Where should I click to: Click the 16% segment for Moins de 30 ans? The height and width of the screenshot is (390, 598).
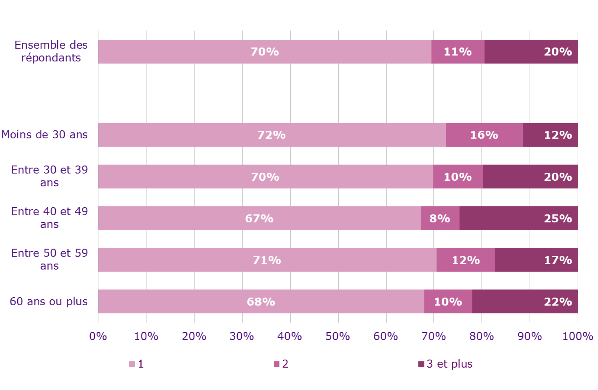pos(484,135)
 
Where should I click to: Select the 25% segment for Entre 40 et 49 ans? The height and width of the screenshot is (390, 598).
pos(518,218)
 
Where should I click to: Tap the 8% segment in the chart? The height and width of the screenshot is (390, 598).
pos(440,218)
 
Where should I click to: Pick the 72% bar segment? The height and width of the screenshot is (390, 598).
pos(272,135)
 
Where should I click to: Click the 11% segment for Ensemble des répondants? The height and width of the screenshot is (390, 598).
pos(458,52)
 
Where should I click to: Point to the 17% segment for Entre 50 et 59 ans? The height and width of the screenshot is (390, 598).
pos(536,260)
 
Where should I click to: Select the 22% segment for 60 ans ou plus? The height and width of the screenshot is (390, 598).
pos(525,302)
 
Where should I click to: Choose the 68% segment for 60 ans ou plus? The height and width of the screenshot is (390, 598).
pos(261,302)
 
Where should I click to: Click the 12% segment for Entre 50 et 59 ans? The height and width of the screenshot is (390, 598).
pos(465,260)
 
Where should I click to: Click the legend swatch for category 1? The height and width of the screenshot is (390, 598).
pos(132,364)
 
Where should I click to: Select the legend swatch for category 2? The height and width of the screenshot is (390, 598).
pos(276,364)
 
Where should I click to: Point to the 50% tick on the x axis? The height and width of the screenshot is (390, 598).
pos(338,336)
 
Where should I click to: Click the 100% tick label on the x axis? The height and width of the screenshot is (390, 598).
pos(577,336)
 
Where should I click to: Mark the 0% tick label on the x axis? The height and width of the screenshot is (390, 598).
pos(98,336)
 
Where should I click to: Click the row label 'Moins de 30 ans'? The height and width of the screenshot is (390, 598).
pos(45,134)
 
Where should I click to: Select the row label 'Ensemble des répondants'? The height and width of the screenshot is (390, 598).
pos(51,51)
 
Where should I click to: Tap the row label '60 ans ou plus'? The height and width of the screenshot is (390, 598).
pos(49,301)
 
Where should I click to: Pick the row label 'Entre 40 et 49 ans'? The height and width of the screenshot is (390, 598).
pos(49,218)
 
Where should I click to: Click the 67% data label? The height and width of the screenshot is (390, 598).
pos(259,218)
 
